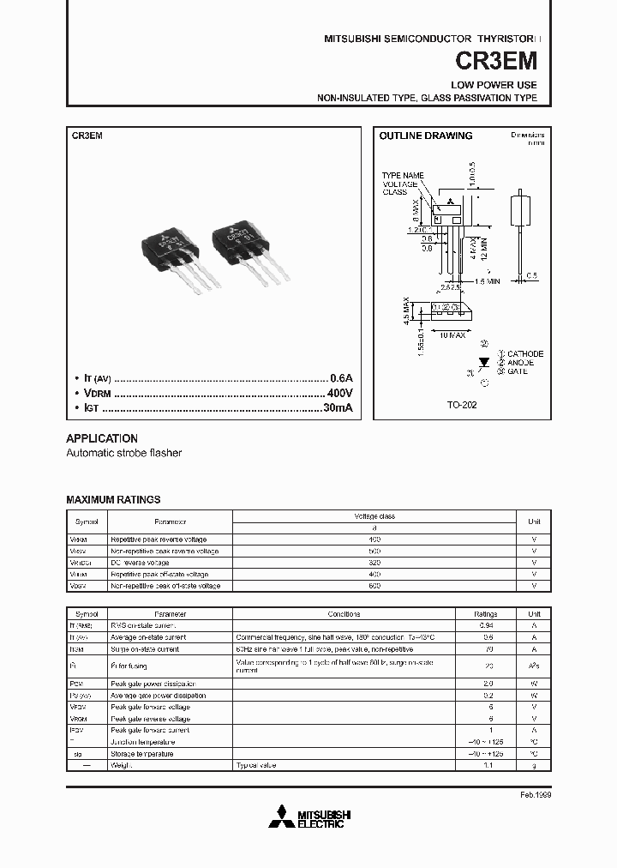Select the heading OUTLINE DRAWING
click(426, 136)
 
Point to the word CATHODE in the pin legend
click(525, 353)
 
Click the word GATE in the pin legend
click(518, 371)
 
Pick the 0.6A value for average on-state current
click(341, 378)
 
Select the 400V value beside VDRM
click(339, 393)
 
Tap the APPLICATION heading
click(102, 437)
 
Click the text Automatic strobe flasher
click(124, 453)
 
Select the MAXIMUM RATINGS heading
click(113, 499)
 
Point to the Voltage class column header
click(374, 515)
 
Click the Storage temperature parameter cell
click(141, 753)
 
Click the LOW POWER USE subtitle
click(494, 85)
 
